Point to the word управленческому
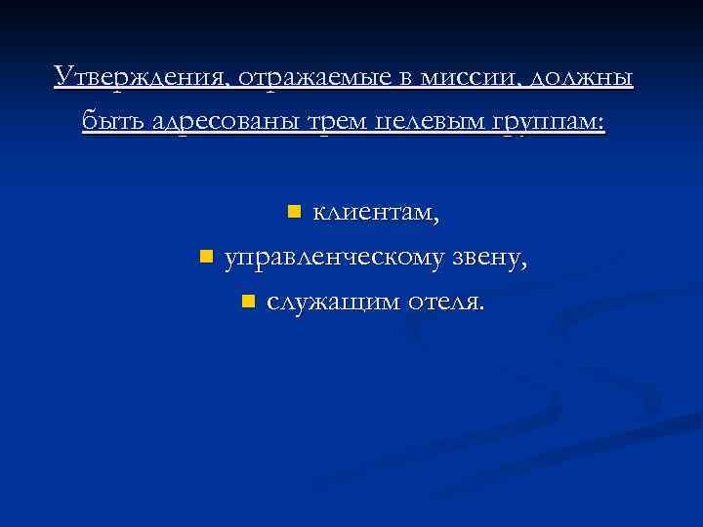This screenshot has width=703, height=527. click(335, 258)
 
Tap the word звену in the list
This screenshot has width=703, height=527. click(489, 258)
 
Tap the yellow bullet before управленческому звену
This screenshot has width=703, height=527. click(205, 256)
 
